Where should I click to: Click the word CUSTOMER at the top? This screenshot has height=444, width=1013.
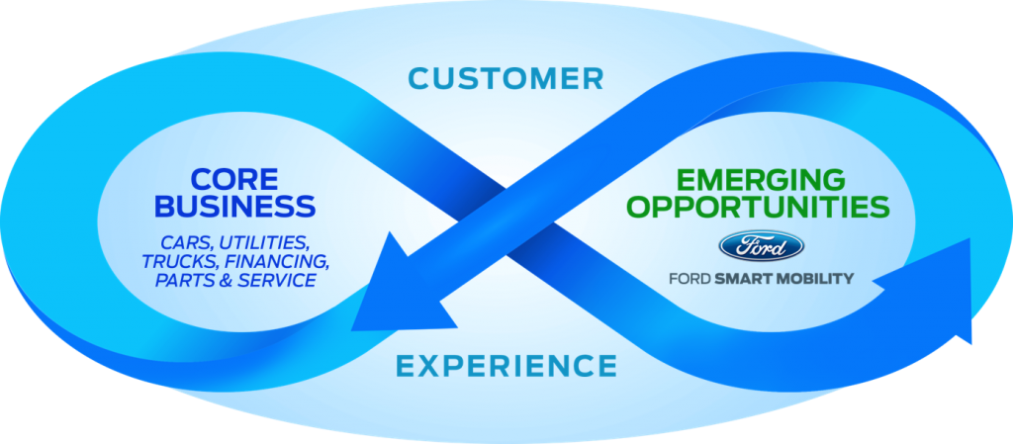point(506,77)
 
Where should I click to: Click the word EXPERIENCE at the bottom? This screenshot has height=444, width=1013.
point(506,366)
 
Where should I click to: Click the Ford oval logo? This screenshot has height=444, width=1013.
point(761,246)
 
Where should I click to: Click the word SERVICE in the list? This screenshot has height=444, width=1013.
point(279,281)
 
